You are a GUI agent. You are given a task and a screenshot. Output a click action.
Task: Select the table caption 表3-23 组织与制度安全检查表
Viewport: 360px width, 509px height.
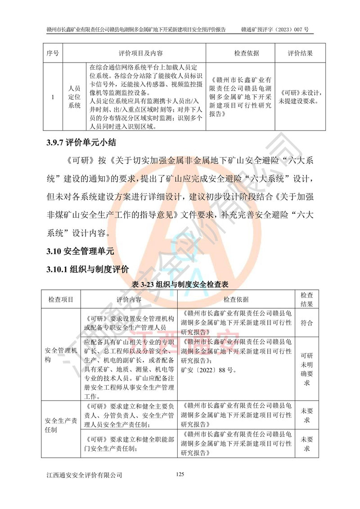pos(180,285)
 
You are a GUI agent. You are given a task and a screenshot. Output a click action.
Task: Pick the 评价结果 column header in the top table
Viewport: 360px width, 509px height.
pos(300,53)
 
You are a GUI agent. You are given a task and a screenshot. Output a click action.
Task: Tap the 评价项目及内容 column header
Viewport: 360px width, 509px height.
pos(134,53)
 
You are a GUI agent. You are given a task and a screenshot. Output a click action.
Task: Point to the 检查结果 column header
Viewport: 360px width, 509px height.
pos(306,299)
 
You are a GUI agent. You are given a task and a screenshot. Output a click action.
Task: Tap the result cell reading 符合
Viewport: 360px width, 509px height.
pos(306,323)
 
